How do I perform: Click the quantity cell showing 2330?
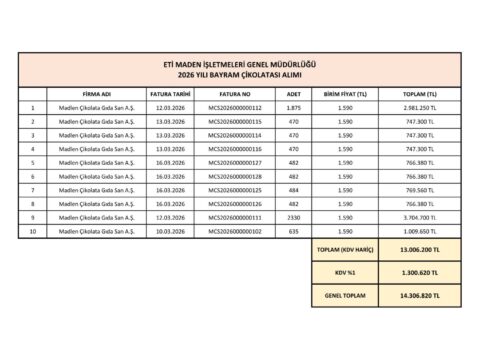293,216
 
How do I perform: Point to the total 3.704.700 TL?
419,216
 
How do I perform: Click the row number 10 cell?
32,230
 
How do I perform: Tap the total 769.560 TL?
419,189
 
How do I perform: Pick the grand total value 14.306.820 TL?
419,296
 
